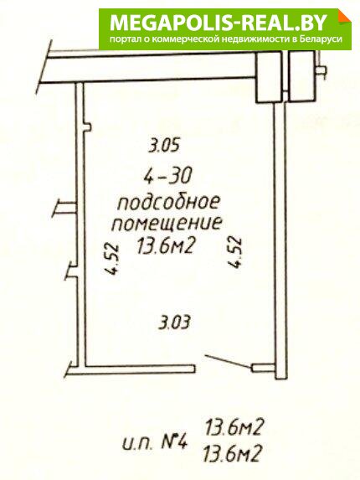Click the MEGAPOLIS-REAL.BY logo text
(x=219, y=23)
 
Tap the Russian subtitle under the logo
(x=226, y=39)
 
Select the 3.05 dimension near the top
(x=163, y=145)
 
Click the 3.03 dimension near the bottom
(x=175, y=322)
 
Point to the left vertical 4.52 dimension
(x=111, y=259)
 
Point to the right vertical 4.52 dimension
(x=235, y=252)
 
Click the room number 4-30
(x=168, y=176)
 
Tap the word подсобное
(x=169, y=203)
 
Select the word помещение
(x=167, y=223)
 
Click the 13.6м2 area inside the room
(x=166, y=245)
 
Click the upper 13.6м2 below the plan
(x=234, y=427)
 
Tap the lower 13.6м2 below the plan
(x=234, y=453)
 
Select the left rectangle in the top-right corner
(x=269, y=76)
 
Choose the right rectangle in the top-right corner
(x=301, y=76)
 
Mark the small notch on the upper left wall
(x=86, y=127)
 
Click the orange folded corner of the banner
(x=344, y=16)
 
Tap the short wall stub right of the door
(x=263, y=368)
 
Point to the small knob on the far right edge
(x=321, y=70)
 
